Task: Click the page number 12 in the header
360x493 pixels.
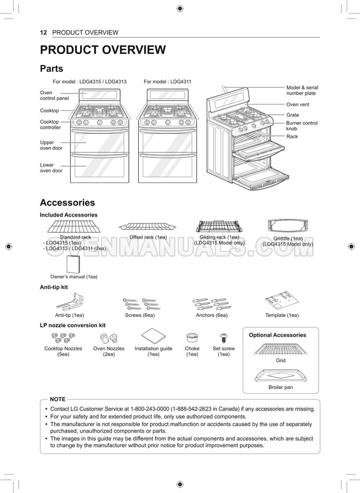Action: [43, 33]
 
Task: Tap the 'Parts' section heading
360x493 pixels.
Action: [51, 69]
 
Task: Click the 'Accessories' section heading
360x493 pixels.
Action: [67, 203]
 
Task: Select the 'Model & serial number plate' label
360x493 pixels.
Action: [302, 91]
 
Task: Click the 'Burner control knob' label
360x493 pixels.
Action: [302, 126]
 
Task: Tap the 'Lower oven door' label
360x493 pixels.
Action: [51, 168]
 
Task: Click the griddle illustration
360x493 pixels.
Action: [288, 228]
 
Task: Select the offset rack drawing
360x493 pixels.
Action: [148, 226]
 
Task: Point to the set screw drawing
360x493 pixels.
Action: [223, 339]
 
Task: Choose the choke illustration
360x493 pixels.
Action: [192, 338]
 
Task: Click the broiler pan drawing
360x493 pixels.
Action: [280, 375]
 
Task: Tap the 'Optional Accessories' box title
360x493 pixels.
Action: [278, 335]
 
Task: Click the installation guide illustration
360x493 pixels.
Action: [153, 336]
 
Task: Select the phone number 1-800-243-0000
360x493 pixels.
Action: [167, 409]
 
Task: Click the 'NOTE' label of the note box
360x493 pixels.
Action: [58, 400]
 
